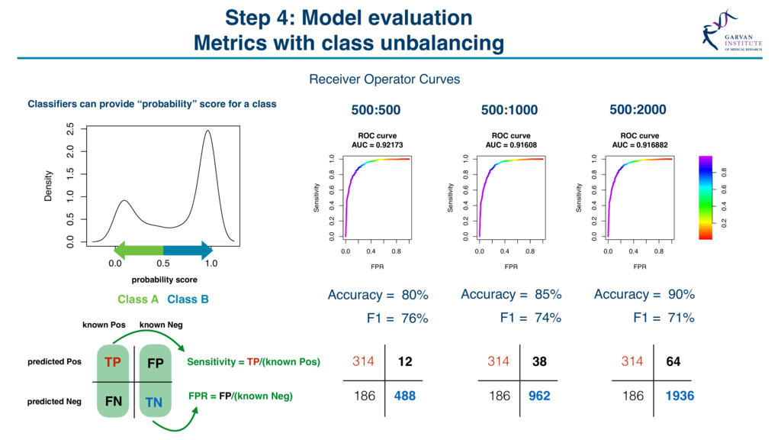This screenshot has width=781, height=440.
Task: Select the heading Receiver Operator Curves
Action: (384, 79)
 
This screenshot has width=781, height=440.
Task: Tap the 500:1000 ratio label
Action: (509, 110)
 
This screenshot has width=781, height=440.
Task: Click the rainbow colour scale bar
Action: (705, 198)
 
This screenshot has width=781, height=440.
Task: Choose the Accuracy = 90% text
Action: (644, 294)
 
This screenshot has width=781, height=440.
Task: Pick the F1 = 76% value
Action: (397, 319)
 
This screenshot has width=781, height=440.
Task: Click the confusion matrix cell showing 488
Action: (404, 396)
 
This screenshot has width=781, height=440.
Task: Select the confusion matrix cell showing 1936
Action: (673, 396)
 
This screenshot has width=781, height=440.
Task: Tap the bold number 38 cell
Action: (539, 361)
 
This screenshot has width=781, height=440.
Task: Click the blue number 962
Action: (539, 396)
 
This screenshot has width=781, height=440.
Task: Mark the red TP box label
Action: (113, 362)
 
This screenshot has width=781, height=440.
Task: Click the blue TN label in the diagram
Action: (154, 402)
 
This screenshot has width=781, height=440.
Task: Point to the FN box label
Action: (112, 400)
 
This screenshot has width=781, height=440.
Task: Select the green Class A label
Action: (138, 299)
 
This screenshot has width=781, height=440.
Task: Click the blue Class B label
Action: (188, 299)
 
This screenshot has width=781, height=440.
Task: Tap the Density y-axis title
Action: (49, 186)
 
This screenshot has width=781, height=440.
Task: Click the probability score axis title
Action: (165, 280)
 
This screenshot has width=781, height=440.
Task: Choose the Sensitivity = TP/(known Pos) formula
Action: (253, 361)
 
